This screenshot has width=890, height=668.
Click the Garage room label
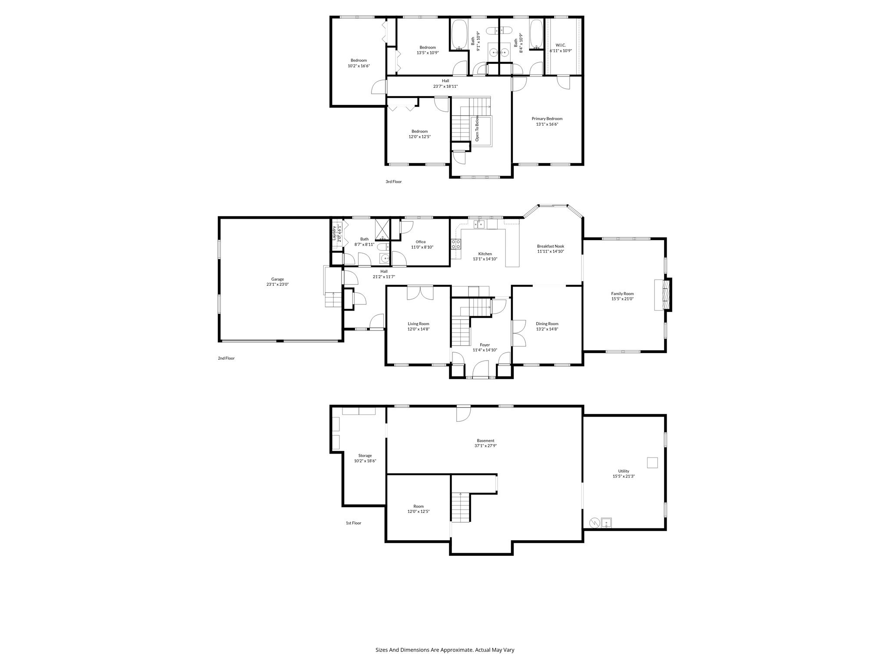tap(277, 279)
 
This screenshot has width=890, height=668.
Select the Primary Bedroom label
tap(547, 119)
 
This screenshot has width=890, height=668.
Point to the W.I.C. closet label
tap(561, 45)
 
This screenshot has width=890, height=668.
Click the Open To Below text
tap(477, 128)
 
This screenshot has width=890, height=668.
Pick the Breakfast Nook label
tap(550, 246)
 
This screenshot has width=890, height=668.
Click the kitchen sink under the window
tap(479, 224)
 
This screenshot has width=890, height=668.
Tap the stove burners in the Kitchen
tap(455, 244)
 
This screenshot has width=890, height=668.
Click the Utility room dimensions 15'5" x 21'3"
tap(624, 476)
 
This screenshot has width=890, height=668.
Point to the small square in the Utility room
tap(652, 462)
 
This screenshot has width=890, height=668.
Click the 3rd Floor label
tap(393, 182)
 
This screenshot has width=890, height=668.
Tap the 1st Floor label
tap(353, 523)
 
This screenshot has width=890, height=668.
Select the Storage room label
tap(365, 456)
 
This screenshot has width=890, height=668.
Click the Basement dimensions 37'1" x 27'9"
tap(485, 446)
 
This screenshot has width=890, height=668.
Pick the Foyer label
tap(485, 345)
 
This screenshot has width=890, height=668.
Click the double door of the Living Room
tap(420, 293)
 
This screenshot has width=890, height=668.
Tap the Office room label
tap(420, 242)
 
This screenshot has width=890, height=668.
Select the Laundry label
tap(334, 233)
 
